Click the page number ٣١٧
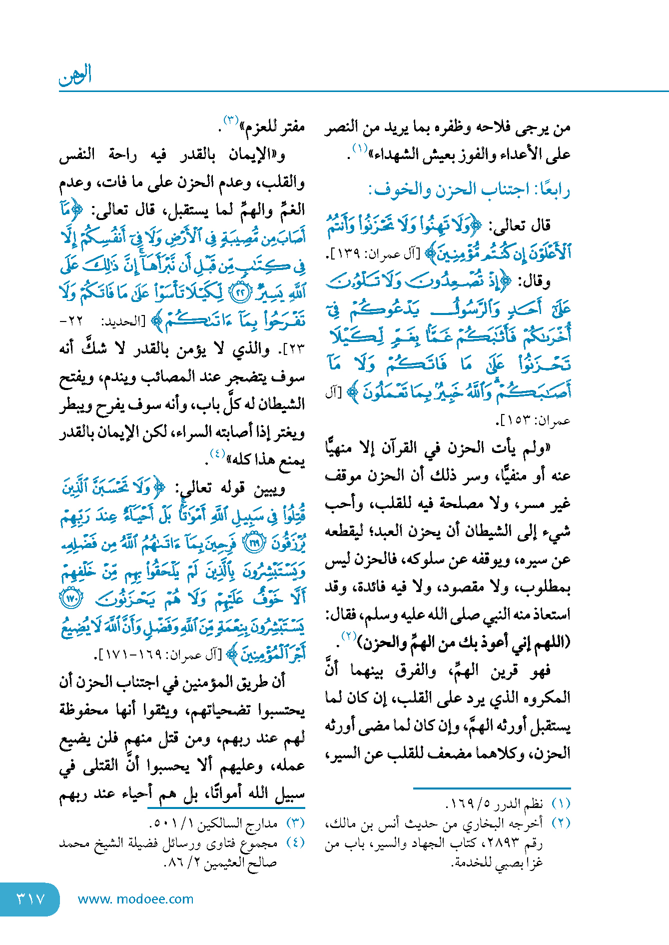click(x=30, y=899)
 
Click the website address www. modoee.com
click(x=135, y=899)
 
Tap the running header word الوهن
click(x=75, y=75)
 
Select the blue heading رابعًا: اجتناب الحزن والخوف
click(x=469, y=190)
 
